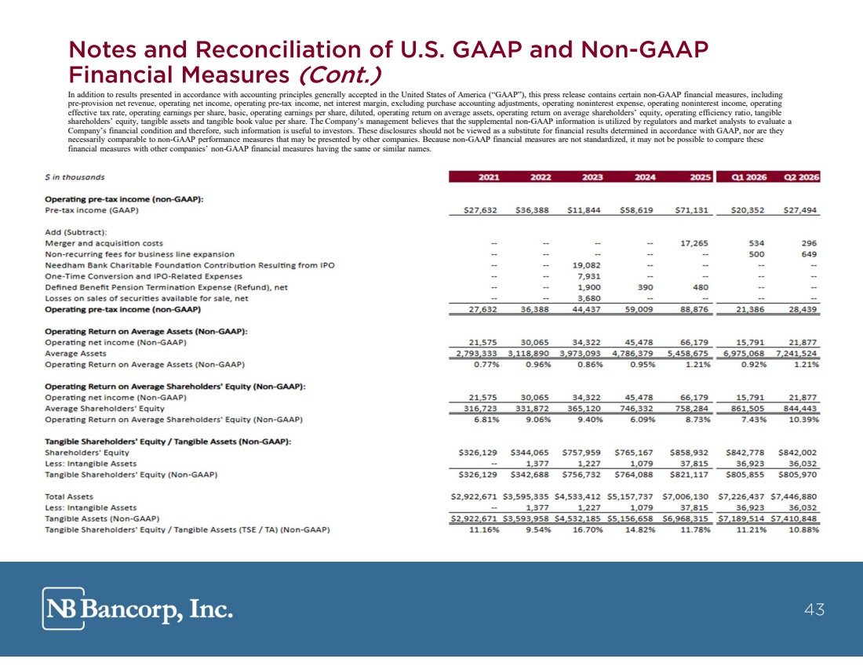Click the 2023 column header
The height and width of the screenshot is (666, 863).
[592, 177]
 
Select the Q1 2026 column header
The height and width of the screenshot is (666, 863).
[748, 177]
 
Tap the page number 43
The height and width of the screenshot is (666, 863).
[814, 610]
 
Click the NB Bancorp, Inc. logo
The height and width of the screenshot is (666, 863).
[137, 609]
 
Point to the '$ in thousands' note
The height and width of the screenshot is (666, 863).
[75, 177]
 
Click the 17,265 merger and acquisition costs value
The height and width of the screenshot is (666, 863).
[694, 243]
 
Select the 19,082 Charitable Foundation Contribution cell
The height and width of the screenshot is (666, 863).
[587, 265]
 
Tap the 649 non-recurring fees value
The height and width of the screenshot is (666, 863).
[809, 254]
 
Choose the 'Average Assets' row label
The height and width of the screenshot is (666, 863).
[75, 353]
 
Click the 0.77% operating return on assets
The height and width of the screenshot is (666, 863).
[486, 364]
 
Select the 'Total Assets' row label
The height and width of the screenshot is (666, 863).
[69, 497]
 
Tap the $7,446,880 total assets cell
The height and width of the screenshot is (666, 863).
[794, 497]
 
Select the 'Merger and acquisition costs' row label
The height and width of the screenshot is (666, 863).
[104, 243]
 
